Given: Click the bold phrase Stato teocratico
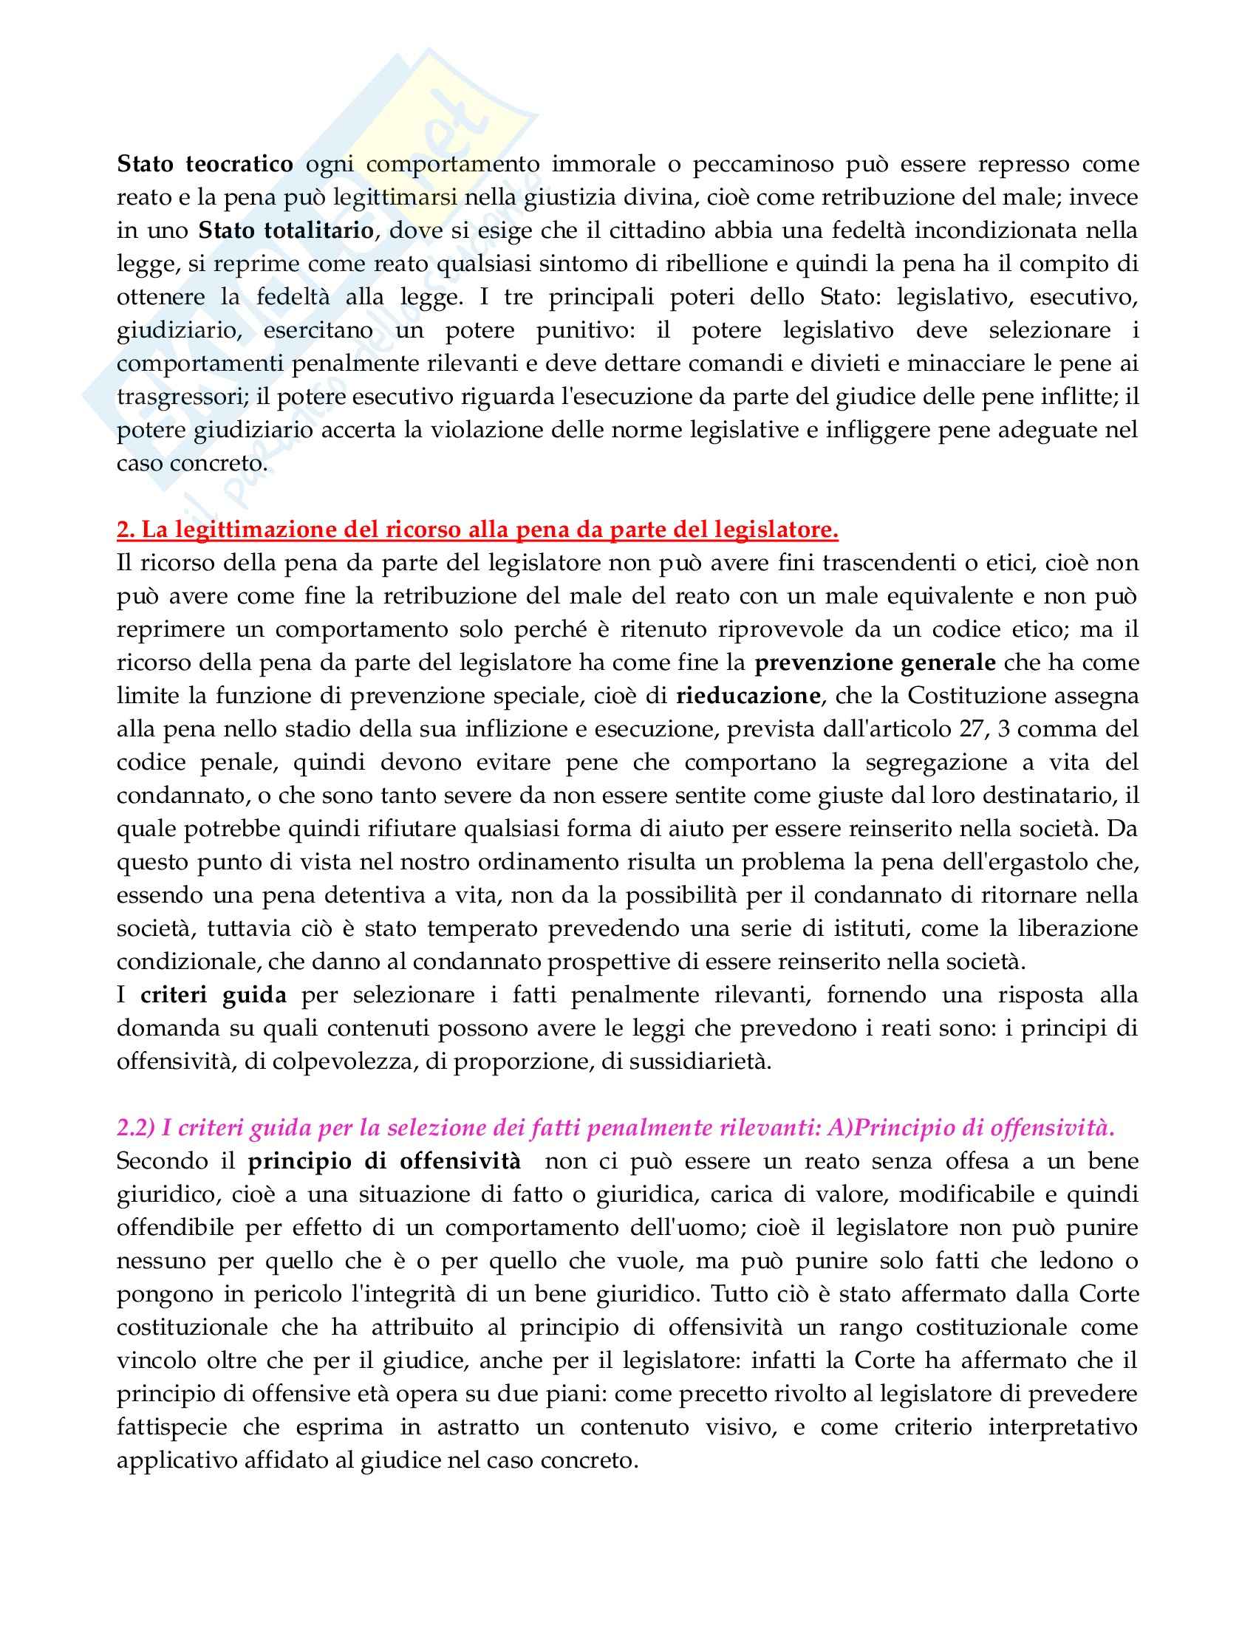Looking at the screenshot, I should point(205,165).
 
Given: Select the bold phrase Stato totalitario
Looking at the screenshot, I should point(286,230).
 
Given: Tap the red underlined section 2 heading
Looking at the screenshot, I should point(478,530).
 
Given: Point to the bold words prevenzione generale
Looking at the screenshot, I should point(875,663).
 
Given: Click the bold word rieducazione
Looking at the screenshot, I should point(748,696).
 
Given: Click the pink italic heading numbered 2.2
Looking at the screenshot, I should point(616,1129).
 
